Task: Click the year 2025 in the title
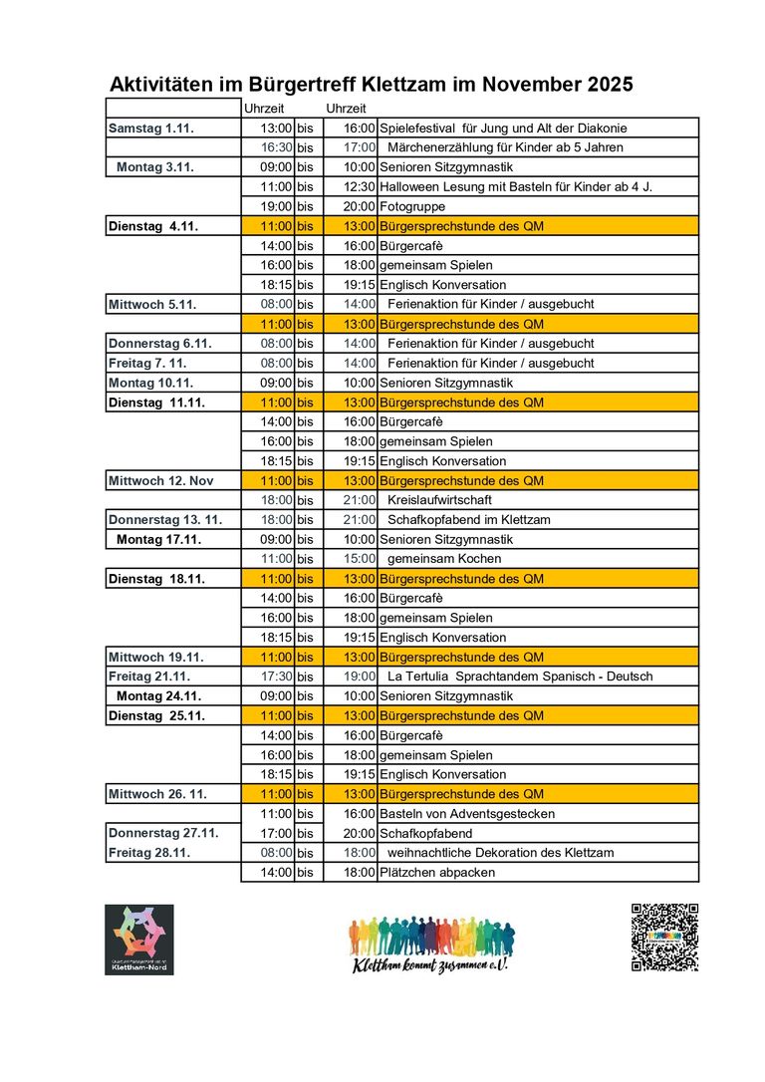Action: pyautogui.click(x=605, y=85)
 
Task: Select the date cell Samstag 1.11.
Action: pyautogui.click(x=150, y=129)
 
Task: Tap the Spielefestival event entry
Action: pyautogui.click(x=503, y=129)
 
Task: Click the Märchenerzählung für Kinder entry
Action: pyautogui.click(x=505, y=147)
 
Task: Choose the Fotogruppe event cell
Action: pyautogui.click(x=412, y=206)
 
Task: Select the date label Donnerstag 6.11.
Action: pyautogui.click(x=160, y=344)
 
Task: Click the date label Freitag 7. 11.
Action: pyautogui.click(x=152, y=363)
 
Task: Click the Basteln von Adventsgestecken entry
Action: pyautogui.click(x=467, y=814)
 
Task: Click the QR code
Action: pyautogui.click(x=664, y=938)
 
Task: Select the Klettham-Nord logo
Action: pyautogui.click(x=139, y=940)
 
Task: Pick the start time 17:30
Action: pyautogui.click(x=276, y=676)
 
